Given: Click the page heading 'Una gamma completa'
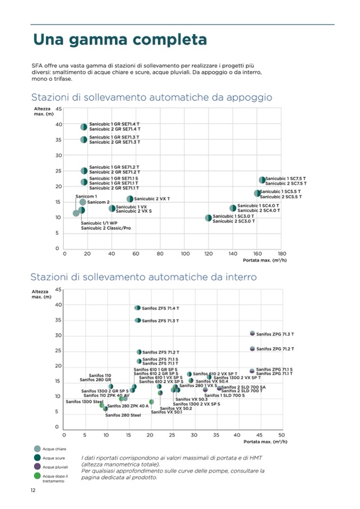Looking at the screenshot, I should [119, 40].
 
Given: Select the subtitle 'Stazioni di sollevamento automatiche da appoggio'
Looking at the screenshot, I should [152, 98].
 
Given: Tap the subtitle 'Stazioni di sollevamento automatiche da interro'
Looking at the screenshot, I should [143, 277].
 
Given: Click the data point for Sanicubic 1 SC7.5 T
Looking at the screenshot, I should [262, 180].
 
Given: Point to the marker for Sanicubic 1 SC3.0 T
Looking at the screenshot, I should [209, 218].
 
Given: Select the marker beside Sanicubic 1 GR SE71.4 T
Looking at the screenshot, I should [84, 127].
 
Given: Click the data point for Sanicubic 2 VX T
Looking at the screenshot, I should [130, 199].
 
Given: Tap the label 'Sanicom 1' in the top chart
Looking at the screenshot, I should [87, 196].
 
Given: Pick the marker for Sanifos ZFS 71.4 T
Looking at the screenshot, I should [138, 308].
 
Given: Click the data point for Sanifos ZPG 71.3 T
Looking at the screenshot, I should [253, 333].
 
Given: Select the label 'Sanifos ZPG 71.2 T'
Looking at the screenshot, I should [275, 349].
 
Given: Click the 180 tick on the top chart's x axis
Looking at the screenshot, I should [282, 254].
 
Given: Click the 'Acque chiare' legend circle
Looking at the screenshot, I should [37, 448].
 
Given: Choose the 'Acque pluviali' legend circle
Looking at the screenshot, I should [37, 467].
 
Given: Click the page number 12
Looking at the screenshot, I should [33, 490].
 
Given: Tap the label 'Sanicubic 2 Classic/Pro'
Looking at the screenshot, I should [106, 228].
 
